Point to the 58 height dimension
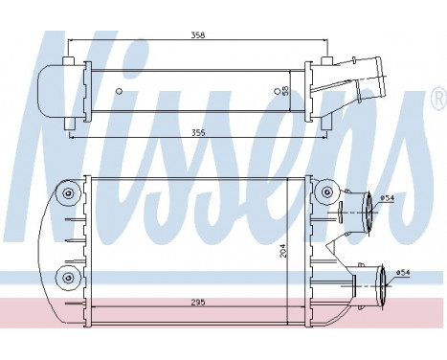coord(288,92)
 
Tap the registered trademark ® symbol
coord(436,98)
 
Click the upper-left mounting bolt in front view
coord(69,194)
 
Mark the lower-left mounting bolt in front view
coord(69,278)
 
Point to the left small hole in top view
coord(118,92)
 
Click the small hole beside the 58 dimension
coord(277,92)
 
